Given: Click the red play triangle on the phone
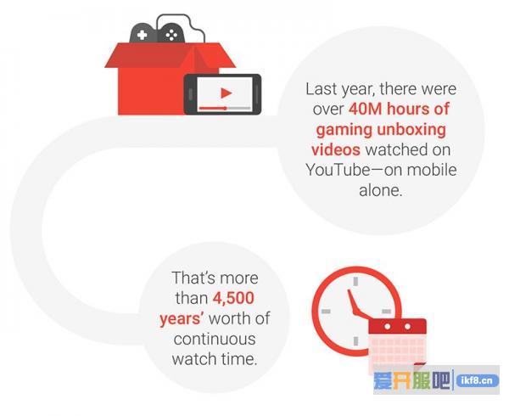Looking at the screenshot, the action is [x=226, y=93].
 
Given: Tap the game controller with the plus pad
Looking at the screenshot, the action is [x=143, y=33].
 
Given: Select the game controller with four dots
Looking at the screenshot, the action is [x=171, y=33].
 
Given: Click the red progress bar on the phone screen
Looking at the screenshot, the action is [x=213, y=108].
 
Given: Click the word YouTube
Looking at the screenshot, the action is [x=338, y=170].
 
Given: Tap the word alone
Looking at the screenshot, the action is [x=380, y=189].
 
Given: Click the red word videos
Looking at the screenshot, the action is [x=336, y=149].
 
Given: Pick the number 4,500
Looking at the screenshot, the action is [x=233, y=298].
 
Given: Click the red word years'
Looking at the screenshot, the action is [x=182, y=318].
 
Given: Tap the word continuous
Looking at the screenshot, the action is [x=215, y=339].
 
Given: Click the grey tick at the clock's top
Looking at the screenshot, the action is [x=355, y=281].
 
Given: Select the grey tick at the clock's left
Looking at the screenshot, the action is [x=326, y=311].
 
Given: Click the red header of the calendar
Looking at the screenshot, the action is [x=397, y=327].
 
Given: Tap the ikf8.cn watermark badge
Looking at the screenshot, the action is [x=477, y=380].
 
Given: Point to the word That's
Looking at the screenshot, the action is [x=193, y=278].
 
